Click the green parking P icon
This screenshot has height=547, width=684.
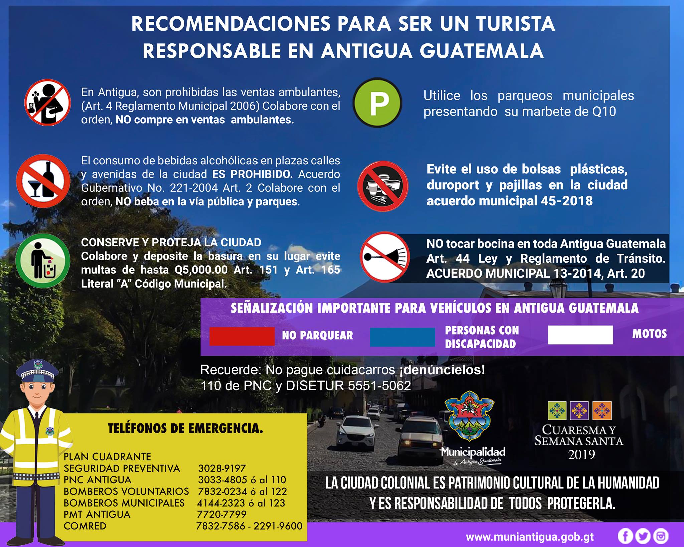click(377, 103)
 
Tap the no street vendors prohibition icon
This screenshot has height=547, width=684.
click(47, 102)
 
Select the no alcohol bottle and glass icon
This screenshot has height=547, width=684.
click(43, 181)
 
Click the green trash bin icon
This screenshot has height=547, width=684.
click(43, 261)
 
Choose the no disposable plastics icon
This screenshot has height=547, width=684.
click(383, 186)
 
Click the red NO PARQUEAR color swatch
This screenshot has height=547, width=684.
click(242, 336)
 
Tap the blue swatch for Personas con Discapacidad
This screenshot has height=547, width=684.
click(402, 337)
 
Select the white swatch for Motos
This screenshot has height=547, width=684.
click(580, 335)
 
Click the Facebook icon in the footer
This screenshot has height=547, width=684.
click(625, 536)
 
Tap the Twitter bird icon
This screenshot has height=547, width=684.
click(643, 536)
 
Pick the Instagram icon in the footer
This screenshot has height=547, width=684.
click(661, 536)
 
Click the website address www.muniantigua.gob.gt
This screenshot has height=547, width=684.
click(530, 537)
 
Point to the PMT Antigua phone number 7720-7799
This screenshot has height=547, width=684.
click(222, 514)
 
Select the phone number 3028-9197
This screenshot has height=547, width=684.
click(222, 468)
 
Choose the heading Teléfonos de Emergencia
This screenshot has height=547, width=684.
click(185, 429)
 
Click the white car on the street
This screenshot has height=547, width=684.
click(355, 434)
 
